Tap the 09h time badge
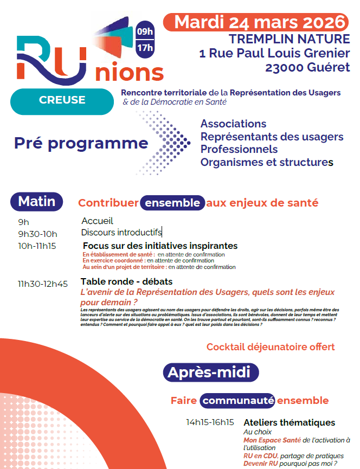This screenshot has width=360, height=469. (145, 31)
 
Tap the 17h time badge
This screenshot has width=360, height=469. (145, 49)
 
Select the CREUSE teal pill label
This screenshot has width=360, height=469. (62, 100)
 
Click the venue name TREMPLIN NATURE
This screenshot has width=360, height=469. (289, 39)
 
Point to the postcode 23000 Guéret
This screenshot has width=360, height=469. (307, 68)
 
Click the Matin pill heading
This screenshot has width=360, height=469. (37, 202)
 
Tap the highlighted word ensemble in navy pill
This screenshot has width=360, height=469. (173, 203)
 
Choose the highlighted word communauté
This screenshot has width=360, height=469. (237, 401)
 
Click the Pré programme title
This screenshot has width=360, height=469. (81, 143)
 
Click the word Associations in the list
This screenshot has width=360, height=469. (233, 124)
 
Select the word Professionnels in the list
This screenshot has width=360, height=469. (239, 149)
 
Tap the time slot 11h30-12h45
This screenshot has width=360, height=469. (43, 284)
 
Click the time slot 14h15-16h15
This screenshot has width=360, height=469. (210, 422)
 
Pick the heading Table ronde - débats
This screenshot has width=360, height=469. (126, 282)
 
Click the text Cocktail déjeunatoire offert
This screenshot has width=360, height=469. (271, 346)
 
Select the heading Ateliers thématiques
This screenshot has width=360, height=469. (289, 422)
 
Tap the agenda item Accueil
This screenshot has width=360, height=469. (97, 221)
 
